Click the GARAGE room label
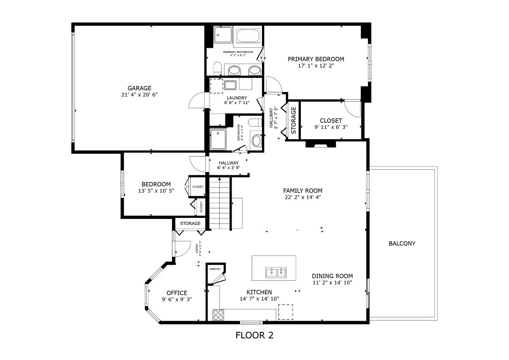pos(140,88)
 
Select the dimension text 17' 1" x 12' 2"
pos(315,66)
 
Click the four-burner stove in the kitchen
pos(218,315)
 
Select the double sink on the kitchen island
pos(276,272)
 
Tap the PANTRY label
pos(215,269)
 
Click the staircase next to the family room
pos(220,202)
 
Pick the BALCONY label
pos(402,244)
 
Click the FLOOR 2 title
pos(254,335)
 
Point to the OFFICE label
pos(177,293)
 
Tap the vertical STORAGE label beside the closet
pos(293,120)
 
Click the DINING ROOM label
pos(332,276)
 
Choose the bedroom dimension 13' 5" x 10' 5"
pos(156,191)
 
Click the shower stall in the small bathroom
pos(218,139)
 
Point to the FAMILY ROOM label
pos(303,191)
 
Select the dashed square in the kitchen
pos(285,312)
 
